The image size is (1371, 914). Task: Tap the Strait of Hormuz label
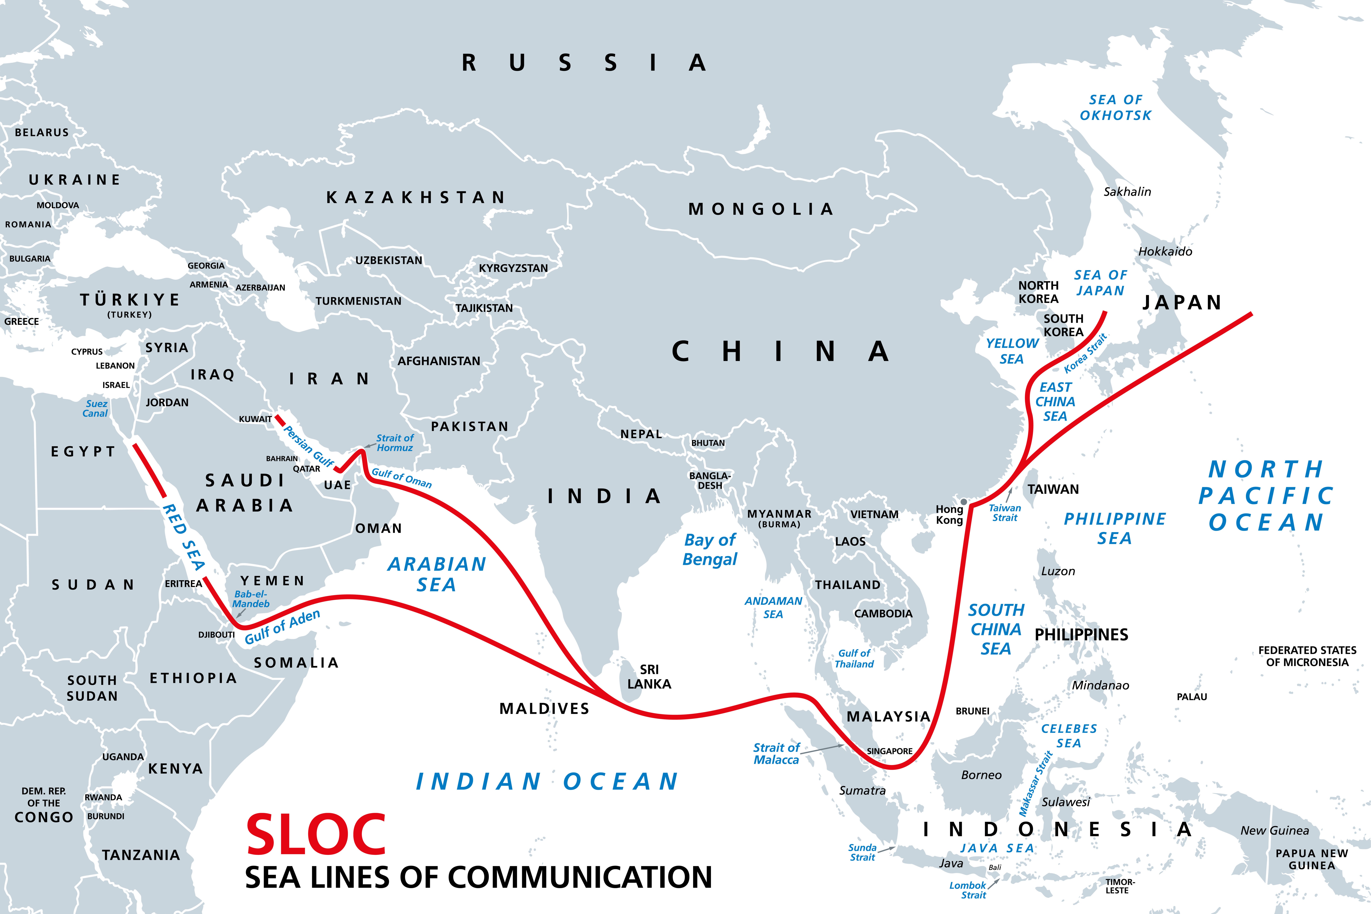[x=395, y=443]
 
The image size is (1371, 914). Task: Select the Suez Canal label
[x=96, y=409]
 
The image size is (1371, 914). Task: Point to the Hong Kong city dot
[x=963, y=502]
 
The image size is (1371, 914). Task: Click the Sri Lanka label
[x=649, y=677]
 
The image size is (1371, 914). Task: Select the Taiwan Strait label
[x=1005, y=513]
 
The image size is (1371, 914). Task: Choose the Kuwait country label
[x=255, y=419]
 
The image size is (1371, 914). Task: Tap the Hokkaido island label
[x=1165, y=252]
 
